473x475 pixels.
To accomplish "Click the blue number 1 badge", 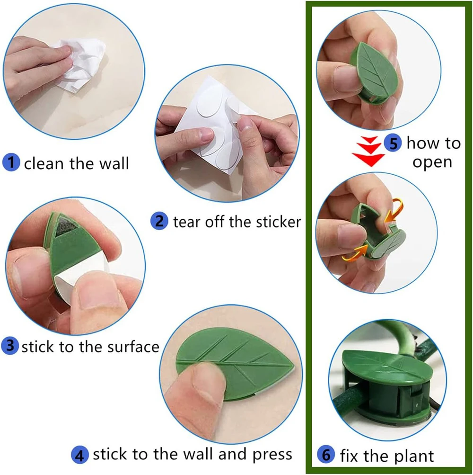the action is (x=11, y=162).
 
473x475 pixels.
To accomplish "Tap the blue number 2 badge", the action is (x=159, y=221).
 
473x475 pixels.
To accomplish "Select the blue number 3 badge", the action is (x=10, y=346).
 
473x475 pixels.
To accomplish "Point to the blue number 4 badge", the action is (x=80, y=455).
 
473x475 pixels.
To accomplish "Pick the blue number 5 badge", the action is (x=393, y=143).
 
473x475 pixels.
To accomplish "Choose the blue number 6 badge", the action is (x=326, y=455).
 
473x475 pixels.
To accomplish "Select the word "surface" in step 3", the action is (x=133, y=347).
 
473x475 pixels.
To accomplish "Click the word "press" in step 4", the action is (x=272, y=455).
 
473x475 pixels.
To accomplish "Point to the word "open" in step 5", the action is (x=432, y=163).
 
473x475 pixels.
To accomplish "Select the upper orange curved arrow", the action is (x=394, y=209).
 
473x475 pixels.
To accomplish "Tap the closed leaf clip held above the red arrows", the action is (x=373, y=74).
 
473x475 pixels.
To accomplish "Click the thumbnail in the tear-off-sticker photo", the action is (x=207, y=133).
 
